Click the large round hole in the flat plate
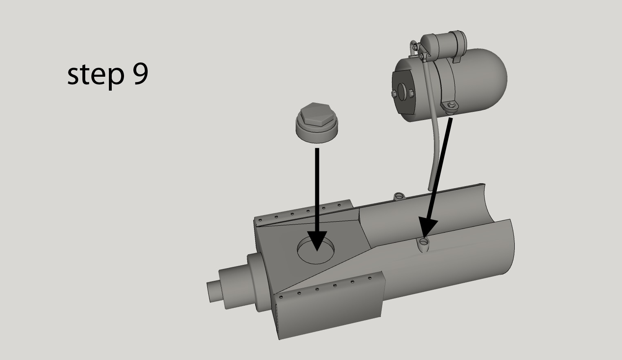click(316, 250)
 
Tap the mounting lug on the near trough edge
click(424, 244)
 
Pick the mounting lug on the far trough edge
click(398, 196)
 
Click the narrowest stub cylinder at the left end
click(213, 291)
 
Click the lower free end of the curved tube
click(430, 188)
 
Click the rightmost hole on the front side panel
click(370, 278)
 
